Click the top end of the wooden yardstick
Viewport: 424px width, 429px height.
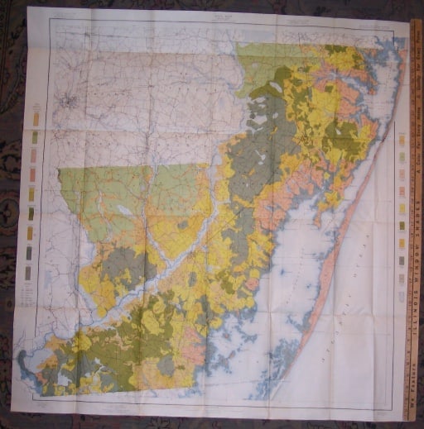[x=417, y=22]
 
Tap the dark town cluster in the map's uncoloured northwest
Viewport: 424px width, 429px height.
[x=68, y=104]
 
